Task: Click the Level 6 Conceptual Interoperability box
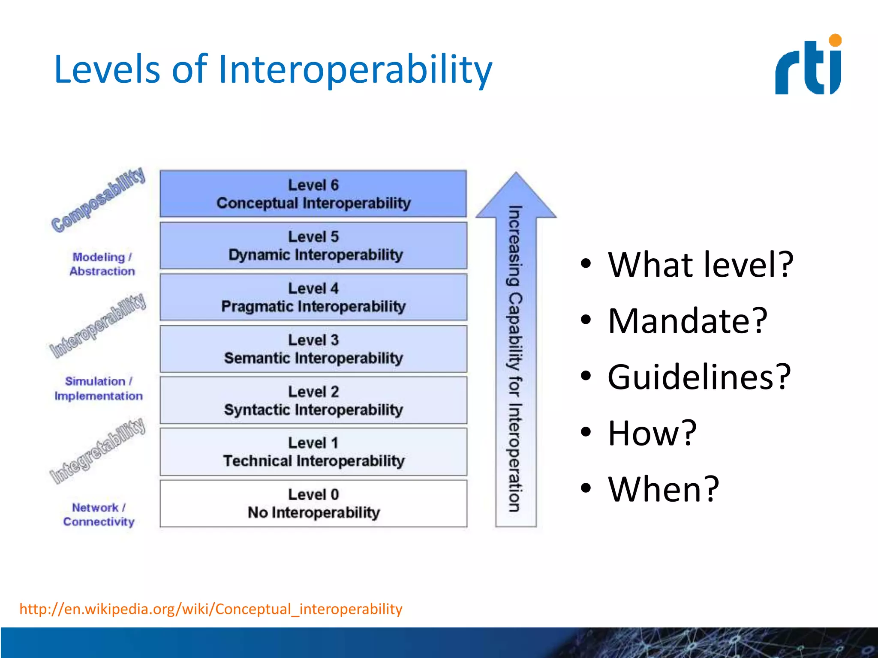pos(313,194)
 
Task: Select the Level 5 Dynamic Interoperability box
pos(313,245)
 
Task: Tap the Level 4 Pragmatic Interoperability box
pos(313,297)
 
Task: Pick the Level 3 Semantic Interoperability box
pos(313,349)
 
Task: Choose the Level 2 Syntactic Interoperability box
pos(313,401)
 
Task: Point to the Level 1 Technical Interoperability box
pos(313,452)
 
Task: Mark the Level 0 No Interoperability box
pos(313,504)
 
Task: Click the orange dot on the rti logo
pos(835,40)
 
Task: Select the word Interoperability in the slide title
pos(355,69)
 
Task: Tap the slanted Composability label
pos(98,200)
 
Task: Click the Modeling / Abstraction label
pos(102,264)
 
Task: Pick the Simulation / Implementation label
pos(99,389)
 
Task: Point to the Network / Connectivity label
pos(99,514)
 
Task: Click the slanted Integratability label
pos(98,451)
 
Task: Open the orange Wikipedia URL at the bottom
pos(211,609)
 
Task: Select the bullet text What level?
pos(701,265)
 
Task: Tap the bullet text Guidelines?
pos(699,377)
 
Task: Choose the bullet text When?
pos(663,489)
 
